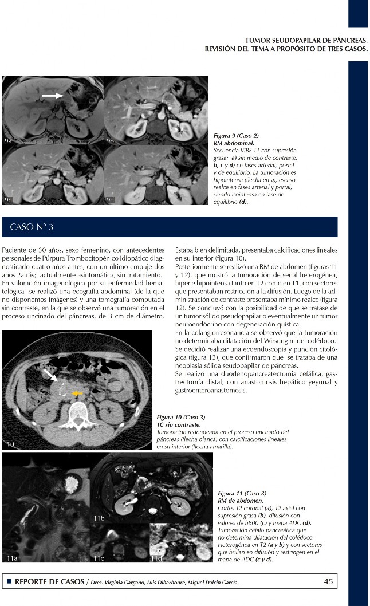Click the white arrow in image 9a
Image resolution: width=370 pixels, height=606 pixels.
52,96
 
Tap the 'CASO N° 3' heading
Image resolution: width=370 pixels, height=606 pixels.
32,227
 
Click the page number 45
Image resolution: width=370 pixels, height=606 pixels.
329,581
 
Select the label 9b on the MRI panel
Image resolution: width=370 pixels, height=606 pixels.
110,140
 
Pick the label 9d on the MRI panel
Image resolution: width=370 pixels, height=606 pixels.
110,199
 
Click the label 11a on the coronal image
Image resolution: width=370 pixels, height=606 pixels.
11,557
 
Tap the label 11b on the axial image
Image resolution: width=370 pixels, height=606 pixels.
99,518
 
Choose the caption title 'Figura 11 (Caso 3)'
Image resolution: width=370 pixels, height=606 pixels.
242,493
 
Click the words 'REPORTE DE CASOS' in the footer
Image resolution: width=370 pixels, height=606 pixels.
49,582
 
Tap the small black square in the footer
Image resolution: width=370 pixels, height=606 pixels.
9,582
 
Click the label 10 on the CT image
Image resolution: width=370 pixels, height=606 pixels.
11,444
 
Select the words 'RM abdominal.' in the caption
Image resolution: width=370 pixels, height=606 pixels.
233,143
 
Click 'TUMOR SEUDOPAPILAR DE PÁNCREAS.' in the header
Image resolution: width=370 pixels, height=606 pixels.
306,41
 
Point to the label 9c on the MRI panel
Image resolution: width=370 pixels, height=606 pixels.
9,199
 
